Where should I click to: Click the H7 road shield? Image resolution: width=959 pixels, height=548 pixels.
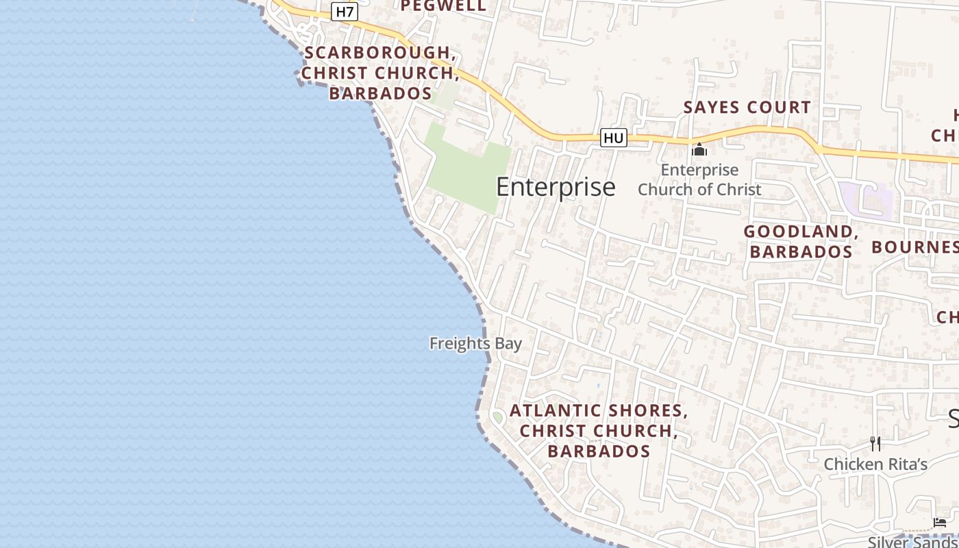[345, 12]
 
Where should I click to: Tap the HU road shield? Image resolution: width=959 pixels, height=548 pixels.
[613, 138]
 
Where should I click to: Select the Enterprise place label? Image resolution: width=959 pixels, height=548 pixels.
[556, 187]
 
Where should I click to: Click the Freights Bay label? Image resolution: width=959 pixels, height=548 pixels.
[475, 343]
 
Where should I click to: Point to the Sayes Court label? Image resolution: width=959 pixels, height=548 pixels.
[747, 108]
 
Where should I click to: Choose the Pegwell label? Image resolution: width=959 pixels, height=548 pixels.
[443, 6]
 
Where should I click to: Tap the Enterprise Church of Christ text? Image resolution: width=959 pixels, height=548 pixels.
[699, 179]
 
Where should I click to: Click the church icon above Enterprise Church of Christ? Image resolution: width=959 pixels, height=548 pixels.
[699, 149]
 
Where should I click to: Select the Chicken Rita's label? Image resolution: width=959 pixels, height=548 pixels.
[875, 464]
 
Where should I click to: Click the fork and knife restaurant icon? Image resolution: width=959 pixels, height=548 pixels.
[875, 444]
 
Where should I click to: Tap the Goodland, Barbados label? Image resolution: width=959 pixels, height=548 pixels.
[801, 242]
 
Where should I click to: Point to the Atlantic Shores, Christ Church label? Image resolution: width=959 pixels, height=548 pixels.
[598, 431]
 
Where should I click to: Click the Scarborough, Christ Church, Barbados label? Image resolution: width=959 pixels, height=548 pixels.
[380, 73]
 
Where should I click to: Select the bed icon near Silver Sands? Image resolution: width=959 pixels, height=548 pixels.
[940, 523]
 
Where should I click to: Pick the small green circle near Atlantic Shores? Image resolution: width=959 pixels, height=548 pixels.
[498, 417]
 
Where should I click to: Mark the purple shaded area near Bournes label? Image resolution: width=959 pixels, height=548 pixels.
[867, 200]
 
